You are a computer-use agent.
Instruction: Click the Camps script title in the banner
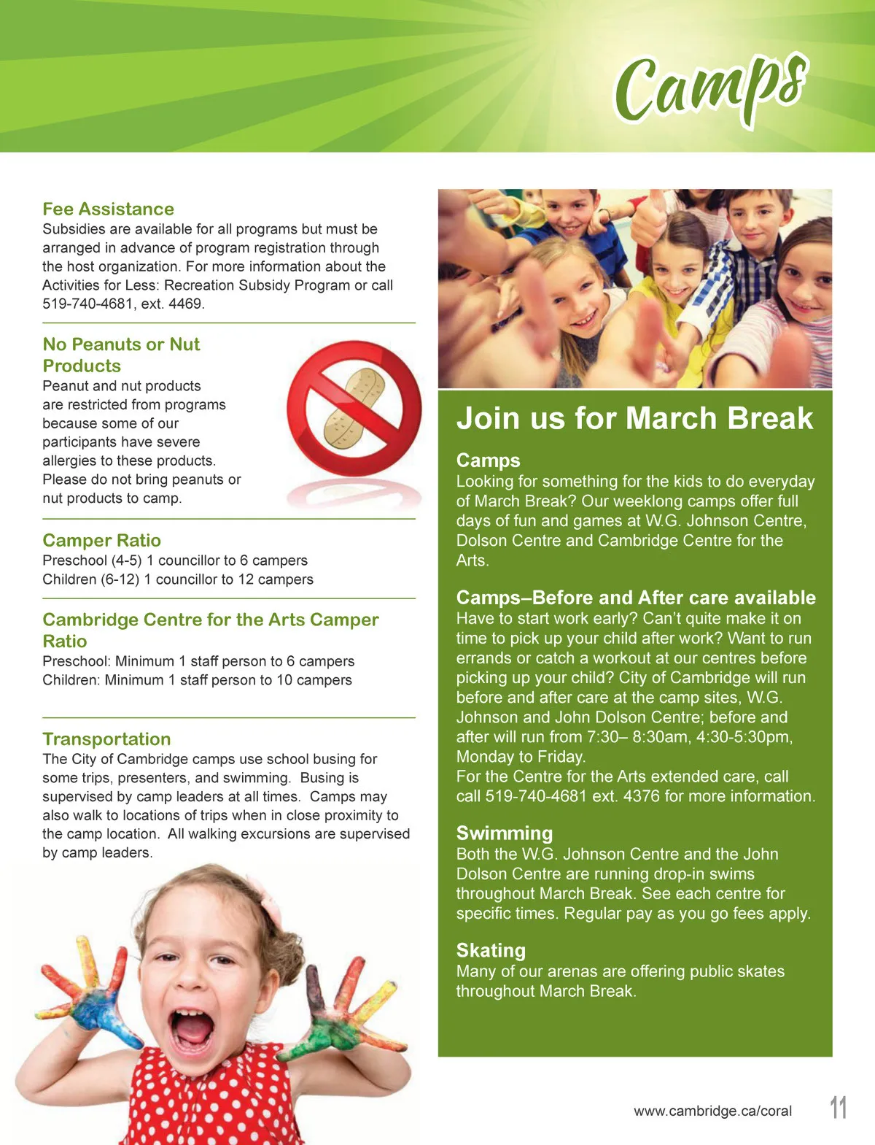click(x=711, y=89)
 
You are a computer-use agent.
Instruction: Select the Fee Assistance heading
click(x=108, y=209)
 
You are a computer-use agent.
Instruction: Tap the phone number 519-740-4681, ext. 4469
click(x=123, y=304)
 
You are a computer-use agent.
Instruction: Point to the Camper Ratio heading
click(x=101, y=541)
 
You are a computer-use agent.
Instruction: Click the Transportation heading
click(x=106, y=739)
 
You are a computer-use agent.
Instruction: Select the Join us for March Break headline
click(x=634, y=419)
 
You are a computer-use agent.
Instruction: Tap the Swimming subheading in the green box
click(x=505, y=833)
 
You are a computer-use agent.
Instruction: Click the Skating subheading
click(x=491, y=951)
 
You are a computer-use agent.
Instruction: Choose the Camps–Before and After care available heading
click(x=636, y=598)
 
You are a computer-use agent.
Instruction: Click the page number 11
click(x=839, y=1108)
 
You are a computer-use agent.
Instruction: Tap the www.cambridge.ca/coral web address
click(x=712, y=1111)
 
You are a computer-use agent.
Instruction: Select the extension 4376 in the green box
click(x=642, y=796)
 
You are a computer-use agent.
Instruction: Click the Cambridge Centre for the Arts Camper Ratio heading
click(x=210, y=631)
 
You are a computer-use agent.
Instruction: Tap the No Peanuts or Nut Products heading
click(x=121, y=355)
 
